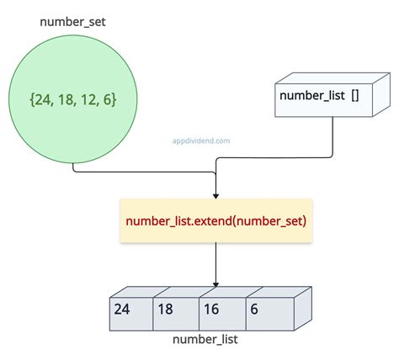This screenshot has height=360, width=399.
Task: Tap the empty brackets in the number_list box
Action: tap(355, 96)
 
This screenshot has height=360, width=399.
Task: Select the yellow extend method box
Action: tap(216, 220)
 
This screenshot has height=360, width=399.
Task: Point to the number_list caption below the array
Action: tap(205, 340)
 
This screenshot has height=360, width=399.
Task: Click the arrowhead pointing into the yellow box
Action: tap(216, 194)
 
